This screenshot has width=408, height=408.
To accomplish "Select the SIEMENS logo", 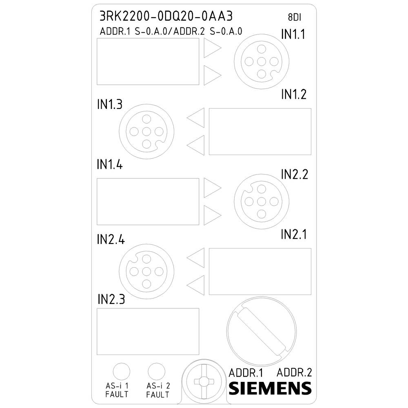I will click(270, 388).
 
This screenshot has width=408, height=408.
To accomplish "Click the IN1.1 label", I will click(293, 35).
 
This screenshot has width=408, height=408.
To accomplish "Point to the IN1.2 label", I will click(293, 95).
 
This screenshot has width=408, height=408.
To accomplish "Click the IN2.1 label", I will click(293, 235).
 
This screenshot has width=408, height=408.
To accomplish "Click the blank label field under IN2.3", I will click(148, 331).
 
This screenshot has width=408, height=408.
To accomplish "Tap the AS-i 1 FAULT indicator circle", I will click(121, 372).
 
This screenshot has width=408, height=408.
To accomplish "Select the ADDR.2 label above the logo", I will click(294, 372).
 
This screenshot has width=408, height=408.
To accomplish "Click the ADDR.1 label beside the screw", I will click(246, 373).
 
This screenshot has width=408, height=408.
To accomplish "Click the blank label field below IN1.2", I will click(260, 131).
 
